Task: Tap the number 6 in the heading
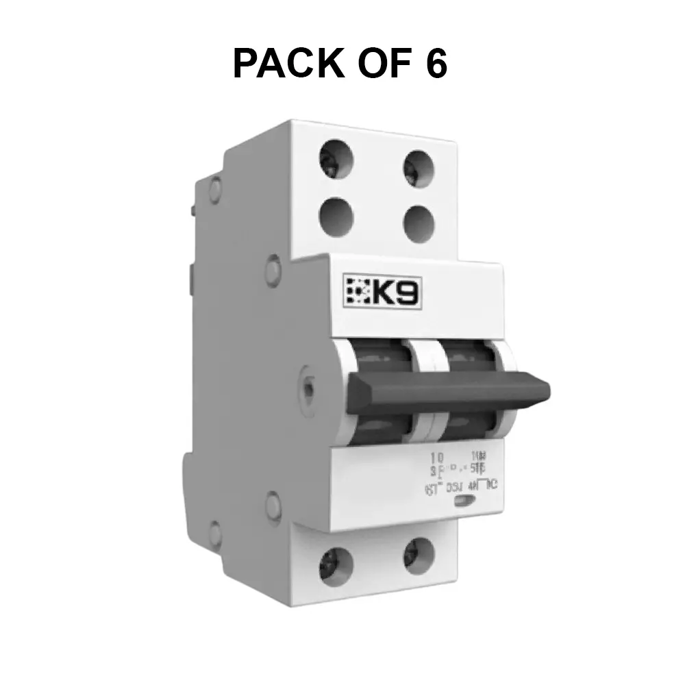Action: click(x=434, y=64)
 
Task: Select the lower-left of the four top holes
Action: click(x=336, y=214)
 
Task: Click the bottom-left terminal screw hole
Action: click(x=336, y=564)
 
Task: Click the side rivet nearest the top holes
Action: click(x=272, y=268)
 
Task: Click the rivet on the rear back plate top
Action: click(x=216, y=186)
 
